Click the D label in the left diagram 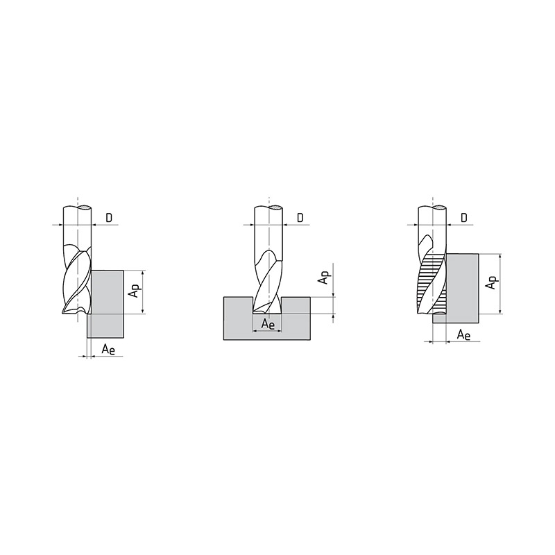tap(109, 218)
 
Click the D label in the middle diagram tap(300, 218)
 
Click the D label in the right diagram tap(464, 218)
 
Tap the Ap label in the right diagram tap(492, 282)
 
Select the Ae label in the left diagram tap(109, 350)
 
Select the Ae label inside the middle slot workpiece tap(268, 324)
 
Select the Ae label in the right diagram tap(463, 334)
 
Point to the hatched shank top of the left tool tap(85, 207)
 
